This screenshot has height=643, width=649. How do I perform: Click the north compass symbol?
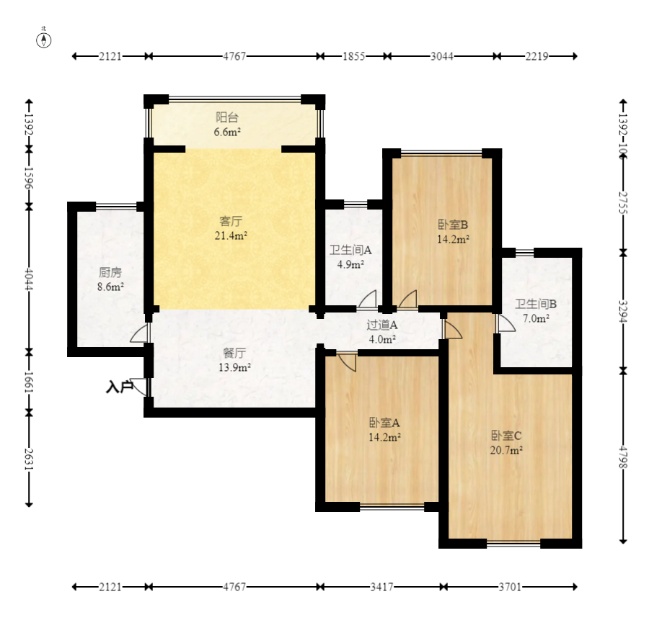(x=44, y=40)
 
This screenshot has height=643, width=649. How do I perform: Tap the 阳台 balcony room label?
(x=227, y=118)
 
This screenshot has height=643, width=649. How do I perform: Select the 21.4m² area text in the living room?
(x=231, y=235)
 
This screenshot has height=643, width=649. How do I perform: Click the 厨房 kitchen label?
(x=110, y=273)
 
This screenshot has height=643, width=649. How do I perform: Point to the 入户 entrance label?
(x=119, y=387)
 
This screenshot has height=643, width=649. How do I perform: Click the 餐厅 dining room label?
(x=234, y=353)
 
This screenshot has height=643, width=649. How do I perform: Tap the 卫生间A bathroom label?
(x=350, y=250)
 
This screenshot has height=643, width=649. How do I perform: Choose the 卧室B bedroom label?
(x=453, y=225)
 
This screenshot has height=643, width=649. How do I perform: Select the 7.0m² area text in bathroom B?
(x=536, y=318)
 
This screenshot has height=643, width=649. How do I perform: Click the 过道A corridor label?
(x=382, y=325)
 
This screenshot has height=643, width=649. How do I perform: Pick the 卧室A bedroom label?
(x=384, y=423)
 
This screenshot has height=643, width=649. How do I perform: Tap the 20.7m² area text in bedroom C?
(x=506, y=450)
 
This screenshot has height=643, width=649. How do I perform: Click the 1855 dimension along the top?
(x=353, y=56)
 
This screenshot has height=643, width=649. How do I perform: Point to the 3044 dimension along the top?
(x=442, y=56)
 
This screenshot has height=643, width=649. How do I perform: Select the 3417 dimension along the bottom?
(x=381, y=587)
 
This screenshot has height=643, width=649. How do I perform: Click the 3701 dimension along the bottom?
(x=510, y=587)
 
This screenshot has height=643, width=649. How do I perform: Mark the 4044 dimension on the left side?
(x=29, y=279)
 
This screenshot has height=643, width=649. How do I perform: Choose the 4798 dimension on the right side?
(x=623, y=457)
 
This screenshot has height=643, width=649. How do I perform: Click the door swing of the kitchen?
(x=139, y=333)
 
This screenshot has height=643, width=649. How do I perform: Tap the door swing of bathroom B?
(x=505, y=323)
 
